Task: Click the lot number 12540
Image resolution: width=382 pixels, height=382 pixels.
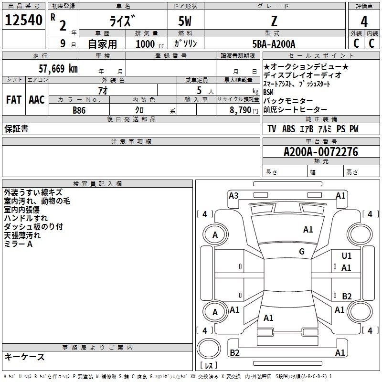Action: tap(23, 20)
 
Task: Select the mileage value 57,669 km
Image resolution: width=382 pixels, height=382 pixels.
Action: tap(58, 69)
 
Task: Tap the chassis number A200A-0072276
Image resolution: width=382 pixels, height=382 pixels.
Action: tap(321, 152)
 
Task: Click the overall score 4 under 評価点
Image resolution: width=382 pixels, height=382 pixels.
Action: tap(364, 21)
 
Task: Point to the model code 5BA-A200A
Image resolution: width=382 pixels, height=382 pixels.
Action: tap(274, 44)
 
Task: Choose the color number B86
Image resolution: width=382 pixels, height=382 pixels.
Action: tap(79, 110)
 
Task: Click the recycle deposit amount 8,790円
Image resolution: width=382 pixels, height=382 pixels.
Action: tap(244, 110)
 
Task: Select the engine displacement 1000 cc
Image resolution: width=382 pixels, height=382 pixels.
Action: tap(150, 44)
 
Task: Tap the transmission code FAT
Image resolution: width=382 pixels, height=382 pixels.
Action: tap(14, 100)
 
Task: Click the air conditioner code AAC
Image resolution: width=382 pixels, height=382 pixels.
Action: tap(37, 100)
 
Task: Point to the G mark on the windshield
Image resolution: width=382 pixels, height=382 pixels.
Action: tap(302, 251)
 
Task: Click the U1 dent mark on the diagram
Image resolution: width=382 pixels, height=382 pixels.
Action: tap(347, 256)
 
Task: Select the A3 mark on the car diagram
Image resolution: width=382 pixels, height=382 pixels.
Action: tap(233, 196)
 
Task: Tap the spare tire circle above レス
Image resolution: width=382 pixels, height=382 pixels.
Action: tap(209, 349)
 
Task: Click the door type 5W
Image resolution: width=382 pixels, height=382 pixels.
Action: tap(185, 21)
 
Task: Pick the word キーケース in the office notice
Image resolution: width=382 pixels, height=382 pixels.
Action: tap(25, 357)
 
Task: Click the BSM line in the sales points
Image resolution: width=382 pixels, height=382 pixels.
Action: tap(268, 92)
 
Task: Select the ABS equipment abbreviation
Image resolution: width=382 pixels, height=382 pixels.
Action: tap(289, 129)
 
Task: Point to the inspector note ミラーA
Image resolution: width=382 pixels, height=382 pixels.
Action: tap(18, 244)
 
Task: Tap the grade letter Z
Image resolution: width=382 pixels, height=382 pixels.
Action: tap(274, 21)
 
